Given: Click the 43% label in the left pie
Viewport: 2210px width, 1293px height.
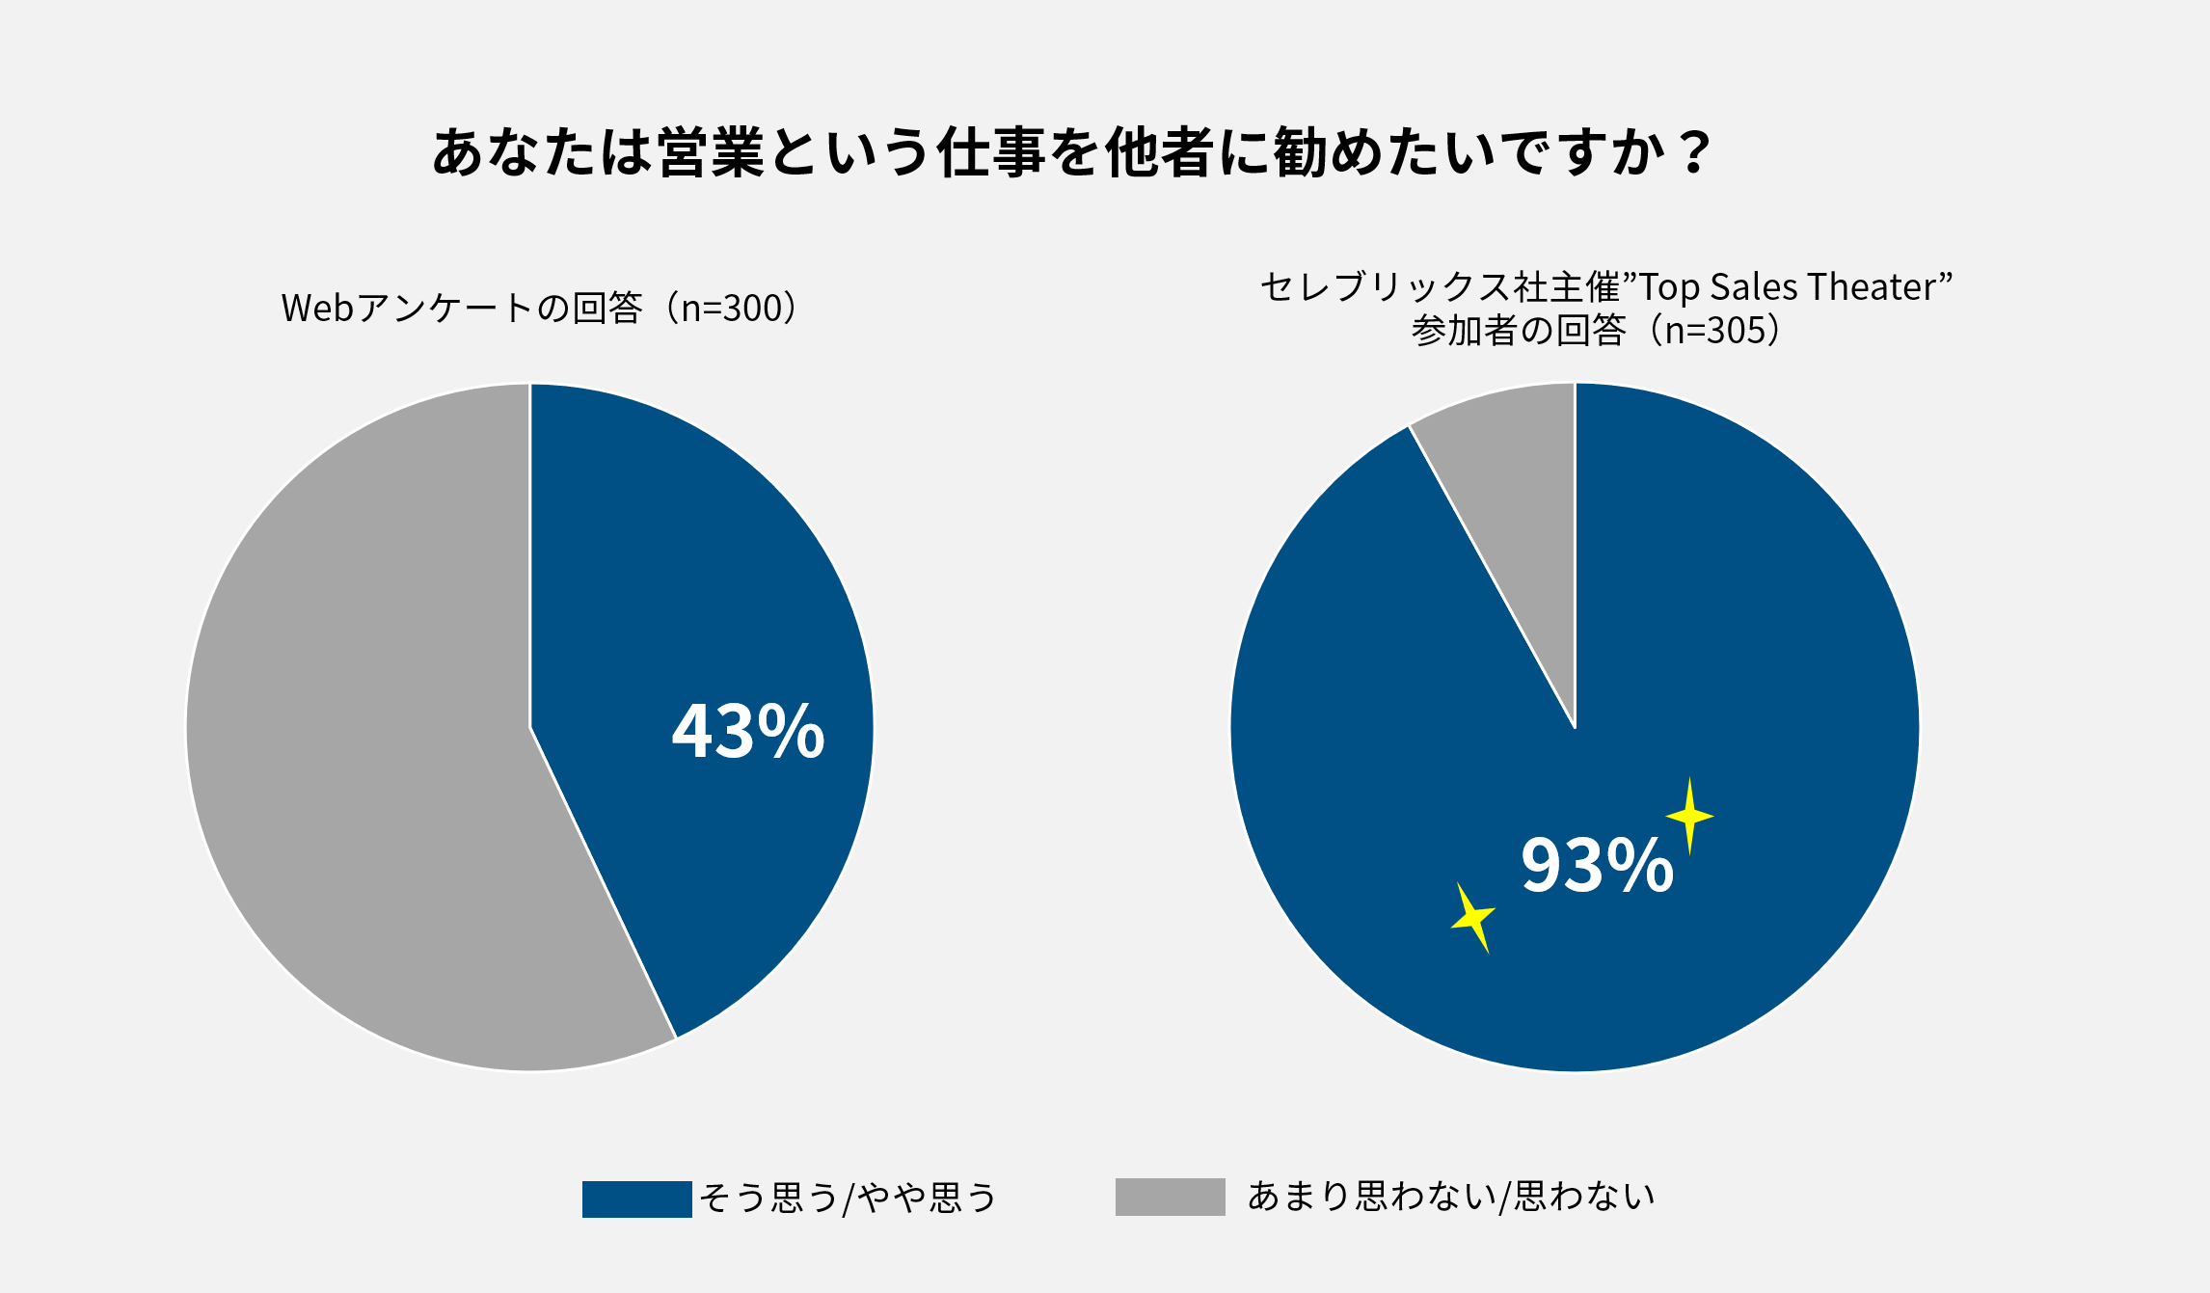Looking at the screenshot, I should click(748, 731).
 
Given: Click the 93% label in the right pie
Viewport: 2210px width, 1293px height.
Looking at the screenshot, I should click(1597, 865).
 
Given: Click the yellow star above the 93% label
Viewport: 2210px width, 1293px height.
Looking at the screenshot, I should click(1689, 817).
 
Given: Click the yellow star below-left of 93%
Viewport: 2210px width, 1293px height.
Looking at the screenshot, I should click(1473, 917).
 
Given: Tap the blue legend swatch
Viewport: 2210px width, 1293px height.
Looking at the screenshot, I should click(636, 1199).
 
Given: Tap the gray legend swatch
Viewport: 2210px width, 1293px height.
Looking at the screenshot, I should click(1170, 1197).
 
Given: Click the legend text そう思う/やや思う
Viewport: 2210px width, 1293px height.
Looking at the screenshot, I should click(848, 1198).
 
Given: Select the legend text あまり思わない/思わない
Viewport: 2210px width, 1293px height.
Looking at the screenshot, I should click(1450, 1196).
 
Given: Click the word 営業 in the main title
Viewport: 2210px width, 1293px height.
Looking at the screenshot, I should click(711, 152).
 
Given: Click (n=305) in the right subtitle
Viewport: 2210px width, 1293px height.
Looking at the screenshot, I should click(1722, 331).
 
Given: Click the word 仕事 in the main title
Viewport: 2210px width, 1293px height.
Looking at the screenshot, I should click(991, 152).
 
